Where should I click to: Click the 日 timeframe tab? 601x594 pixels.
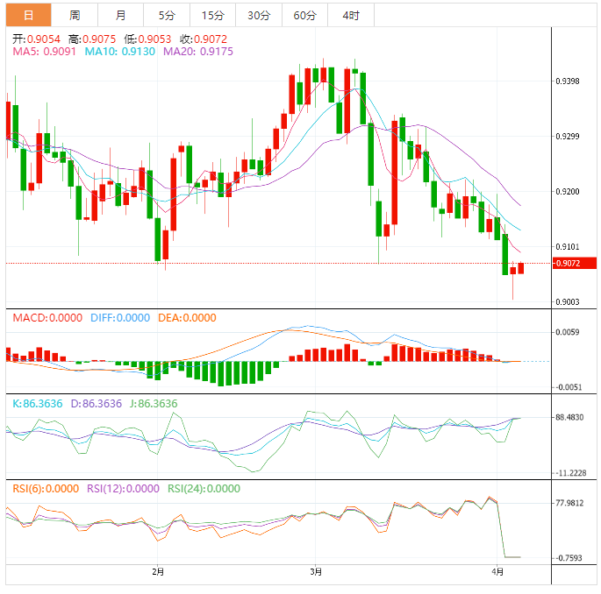click(x=28, y=15)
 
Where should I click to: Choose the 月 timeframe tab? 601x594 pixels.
click(x=120, y=15)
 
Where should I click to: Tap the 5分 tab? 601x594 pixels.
click(x=167, y=15)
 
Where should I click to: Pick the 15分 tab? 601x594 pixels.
click(x=212, y=15)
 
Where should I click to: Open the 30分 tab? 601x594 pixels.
click(x=259, y=15)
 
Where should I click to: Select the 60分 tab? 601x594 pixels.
click(x=304, y=15)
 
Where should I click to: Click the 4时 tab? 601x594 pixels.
click(x=351, y=15)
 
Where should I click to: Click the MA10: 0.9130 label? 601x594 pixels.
click(x=120, y=52)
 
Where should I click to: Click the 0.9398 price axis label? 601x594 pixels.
click(x=569, y=81)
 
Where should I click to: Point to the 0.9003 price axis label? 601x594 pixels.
click(x=569, y=302)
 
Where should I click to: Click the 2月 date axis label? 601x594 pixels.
click(x=158, y=572)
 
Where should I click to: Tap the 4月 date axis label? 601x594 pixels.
click(x=497, y=572)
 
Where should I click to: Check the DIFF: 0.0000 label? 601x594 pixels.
click(x=120, y=318)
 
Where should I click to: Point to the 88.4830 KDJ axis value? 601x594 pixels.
click(x=571, y=418)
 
